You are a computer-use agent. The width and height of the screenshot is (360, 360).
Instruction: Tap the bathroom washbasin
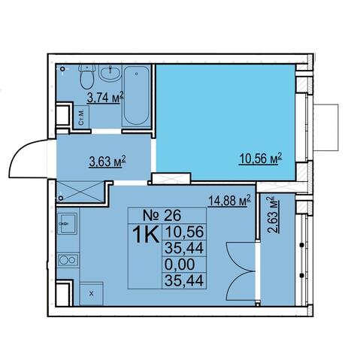110,72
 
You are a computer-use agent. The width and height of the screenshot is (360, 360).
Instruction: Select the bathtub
136,95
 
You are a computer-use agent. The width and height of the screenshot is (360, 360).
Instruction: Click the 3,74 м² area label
105,97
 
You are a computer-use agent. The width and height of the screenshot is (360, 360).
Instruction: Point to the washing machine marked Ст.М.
81,117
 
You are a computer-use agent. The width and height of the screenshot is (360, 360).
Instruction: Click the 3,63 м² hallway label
107,162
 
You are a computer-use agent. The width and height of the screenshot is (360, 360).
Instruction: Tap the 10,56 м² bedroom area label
261,159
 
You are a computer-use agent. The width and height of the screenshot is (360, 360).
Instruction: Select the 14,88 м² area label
229,201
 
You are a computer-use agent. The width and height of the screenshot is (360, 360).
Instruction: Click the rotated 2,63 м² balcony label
274,215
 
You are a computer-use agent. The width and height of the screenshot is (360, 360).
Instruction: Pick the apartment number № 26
162,215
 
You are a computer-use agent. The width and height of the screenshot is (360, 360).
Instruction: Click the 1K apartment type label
146,234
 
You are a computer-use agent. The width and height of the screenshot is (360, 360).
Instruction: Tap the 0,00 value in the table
180,264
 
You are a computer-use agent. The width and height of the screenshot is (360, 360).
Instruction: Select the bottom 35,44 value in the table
184,280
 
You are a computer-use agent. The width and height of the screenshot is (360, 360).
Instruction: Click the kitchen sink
67,224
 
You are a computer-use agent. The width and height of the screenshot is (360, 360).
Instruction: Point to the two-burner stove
68,260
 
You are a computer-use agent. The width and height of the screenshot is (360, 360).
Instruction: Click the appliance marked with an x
92,294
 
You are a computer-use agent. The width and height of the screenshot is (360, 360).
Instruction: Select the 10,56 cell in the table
184,231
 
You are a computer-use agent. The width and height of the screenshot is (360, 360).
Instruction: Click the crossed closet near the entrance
80,192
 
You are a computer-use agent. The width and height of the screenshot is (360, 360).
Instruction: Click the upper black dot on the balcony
302,245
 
